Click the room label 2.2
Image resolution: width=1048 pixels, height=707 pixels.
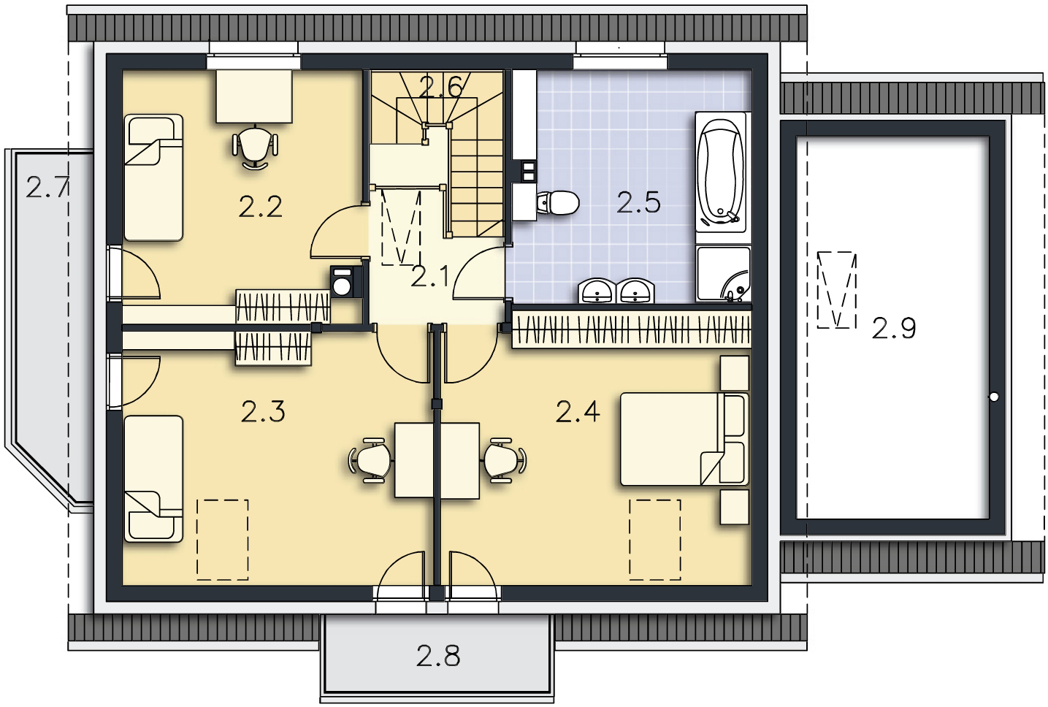(x=261, y=207)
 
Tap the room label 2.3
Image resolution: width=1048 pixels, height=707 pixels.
(x=263, y=412)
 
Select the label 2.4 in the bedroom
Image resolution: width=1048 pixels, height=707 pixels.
(x=578, y=412)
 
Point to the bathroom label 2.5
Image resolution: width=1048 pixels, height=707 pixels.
(x=638, y=202)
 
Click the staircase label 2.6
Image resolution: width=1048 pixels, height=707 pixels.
(x=441, y=87)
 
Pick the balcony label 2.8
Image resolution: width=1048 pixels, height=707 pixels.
(x=438, y=656)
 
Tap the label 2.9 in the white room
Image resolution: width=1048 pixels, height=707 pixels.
(x=894, y=328)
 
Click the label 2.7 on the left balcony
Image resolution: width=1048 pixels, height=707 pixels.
(x=47, y=188)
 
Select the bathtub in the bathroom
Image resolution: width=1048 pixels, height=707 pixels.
(x=721, y=172)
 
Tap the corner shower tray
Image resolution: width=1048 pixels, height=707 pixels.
(x=723, y=275)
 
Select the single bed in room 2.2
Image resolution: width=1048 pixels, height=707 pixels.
(x=153, y=177)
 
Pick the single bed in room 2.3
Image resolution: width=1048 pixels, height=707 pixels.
(x=153, y=478)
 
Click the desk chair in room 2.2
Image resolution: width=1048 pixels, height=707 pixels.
(x=255, y=148)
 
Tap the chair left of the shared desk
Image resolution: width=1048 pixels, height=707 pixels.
(x=371, y=460)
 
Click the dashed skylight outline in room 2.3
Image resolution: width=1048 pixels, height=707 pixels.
(x=223, y=540)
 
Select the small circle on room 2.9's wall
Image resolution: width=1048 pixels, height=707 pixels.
(x=994, y=397)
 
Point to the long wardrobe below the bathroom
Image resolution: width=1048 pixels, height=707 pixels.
(x=631, y=329)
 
